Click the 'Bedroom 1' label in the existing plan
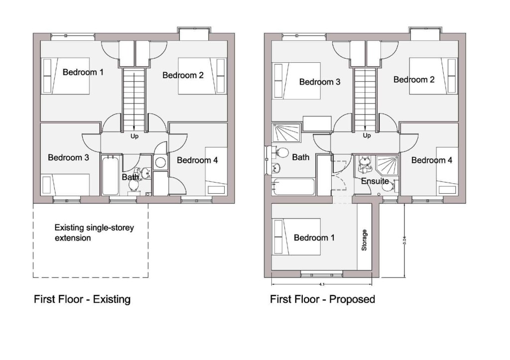(x=83, y=72)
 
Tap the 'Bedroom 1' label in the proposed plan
(x=314, y=238)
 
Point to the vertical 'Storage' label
(x=365, y=240)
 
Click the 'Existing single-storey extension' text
(x=94, y=233)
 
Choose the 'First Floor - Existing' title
(x=82, y=299)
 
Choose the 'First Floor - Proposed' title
(x=322, y=299)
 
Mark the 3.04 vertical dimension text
(x=404, y=240)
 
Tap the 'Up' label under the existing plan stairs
(x=134, y=135)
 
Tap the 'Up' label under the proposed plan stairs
(x=367, y=135)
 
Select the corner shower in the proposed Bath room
(x=286, y=133)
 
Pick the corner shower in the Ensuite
(x=387, y=164)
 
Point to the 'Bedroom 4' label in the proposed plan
(x=432, y=160)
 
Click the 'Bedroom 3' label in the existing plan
(x=68, y=158)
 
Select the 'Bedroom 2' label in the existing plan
(x=183, y=76)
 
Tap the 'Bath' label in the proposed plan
(x=300, y=157)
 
